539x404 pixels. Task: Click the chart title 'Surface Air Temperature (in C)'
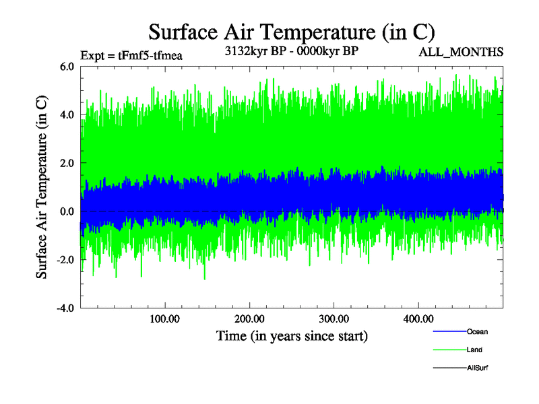[x=292, y=32]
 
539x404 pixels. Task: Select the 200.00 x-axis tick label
[x=249, y=318]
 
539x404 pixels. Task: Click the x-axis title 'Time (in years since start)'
[x=292, y=335]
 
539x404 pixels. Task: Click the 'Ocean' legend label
[x=477, y=332]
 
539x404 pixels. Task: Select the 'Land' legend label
[x=474, y=350]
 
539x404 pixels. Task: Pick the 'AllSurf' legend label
[x=478, y=368]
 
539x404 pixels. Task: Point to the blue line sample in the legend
[x=448, y=332]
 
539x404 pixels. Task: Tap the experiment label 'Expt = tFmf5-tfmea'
[x=131, y=55]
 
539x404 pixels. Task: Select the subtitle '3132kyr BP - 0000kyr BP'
[x=291, y=50]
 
